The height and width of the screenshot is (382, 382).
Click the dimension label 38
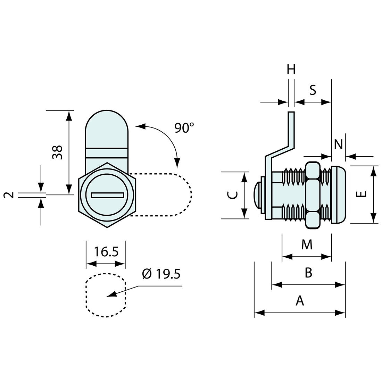(58, 152)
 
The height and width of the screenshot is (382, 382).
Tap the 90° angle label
(184, 128)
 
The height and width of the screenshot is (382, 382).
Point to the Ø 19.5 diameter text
(161, 274)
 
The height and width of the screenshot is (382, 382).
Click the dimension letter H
(291, 70)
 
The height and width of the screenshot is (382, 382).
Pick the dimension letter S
(313, 90)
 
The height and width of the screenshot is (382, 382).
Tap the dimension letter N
(338, 143)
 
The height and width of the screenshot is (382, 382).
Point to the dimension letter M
(307, 245)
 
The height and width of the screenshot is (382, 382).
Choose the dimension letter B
(308, 273)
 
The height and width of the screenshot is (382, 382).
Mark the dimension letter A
(300, 301)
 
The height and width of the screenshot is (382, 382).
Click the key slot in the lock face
(107, 195)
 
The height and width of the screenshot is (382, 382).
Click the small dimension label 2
(10, 195)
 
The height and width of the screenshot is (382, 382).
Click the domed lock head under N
(339, 195)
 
